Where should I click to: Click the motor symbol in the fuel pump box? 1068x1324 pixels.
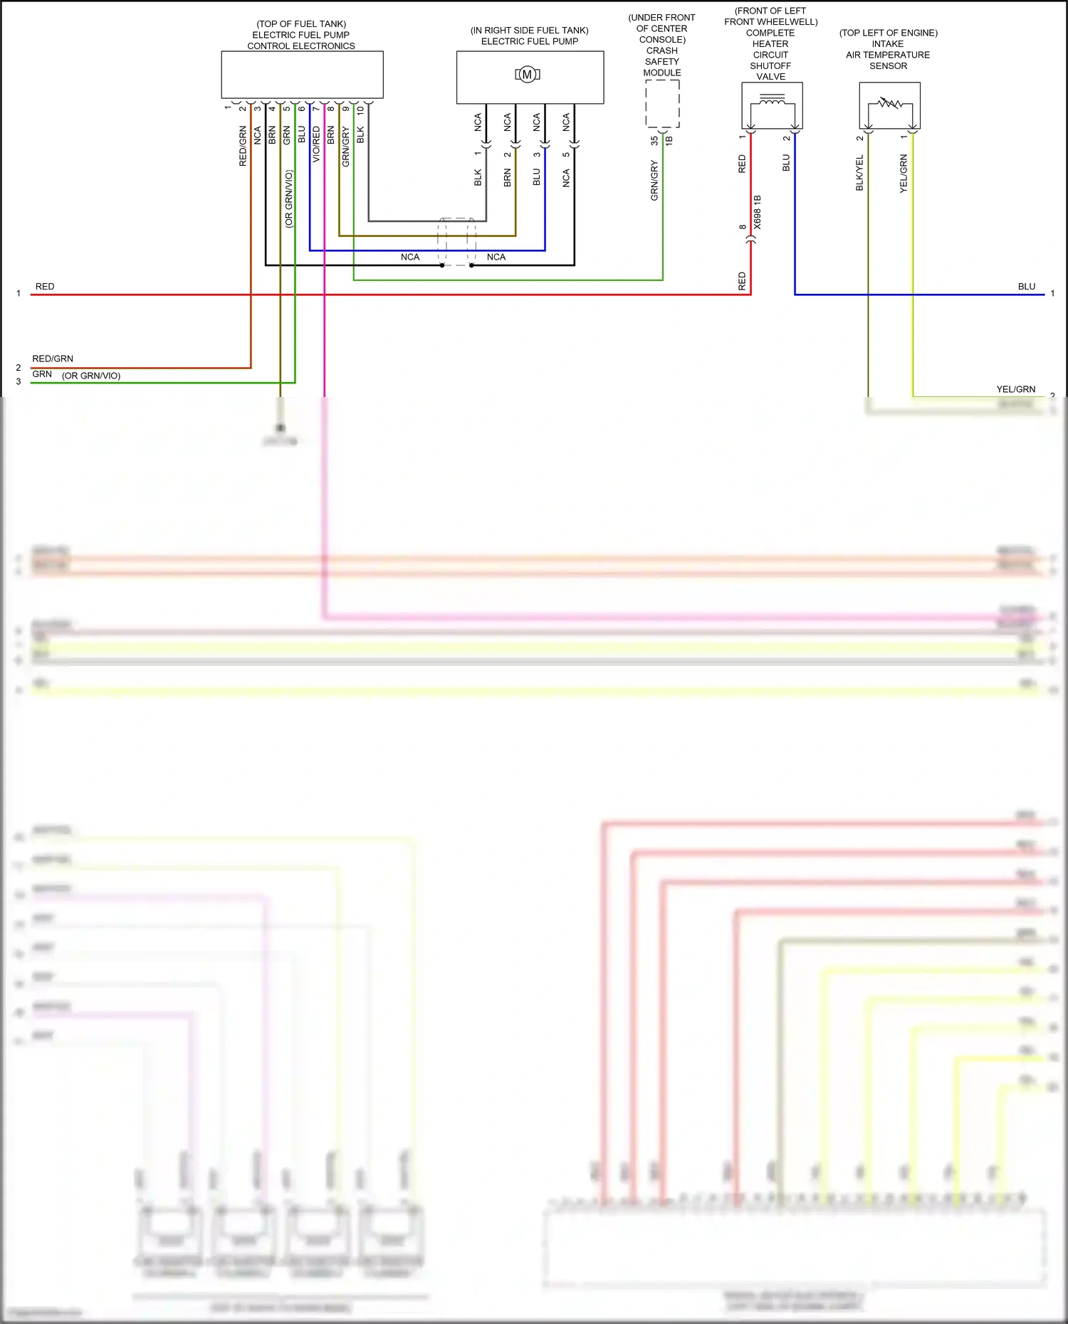pos(528,74)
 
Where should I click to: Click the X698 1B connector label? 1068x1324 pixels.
pos(758,212)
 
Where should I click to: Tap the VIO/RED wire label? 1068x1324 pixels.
pos(316,144)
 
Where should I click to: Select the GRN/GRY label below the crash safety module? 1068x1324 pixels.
pos(654,181)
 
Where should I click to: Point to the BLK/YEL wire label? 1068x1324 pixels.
pos(859,173)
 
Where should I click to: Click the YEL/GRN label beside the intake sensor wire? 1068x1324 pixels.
pos(904,174)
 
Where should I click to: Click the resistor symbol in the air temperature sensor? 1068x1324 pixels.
pos(889,103)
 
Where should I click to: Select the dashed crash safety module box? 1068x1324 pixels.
pos(662,103)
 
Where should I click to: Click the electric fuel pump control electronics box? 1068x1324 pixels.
pos(302,75)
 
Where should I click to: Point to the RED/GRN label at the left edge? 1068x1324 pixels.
pos(53,359)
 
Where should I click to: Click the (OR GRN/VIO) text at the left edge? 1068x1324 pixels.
pos(91,376)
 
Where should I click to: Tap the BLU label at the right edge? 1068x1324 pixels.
pos(1026,287)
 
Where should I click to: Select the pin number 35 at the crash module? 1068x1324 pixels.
pos(654,141)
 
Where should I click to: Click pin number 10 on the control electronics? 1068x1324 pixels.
pos(361,110)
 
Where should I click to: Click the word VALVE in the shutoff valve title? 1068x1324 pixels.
pos(770,77)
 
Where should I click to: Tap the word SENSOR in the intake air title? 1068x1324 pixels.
pos(888,66)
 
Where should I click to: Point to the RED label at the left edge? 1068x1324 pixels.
pos(45,287)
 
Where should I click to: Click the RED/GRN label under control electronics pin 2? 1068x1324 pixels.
pos(243,147)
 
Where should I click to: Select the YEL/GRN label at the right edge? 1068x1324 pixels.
pos(1015,389)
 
